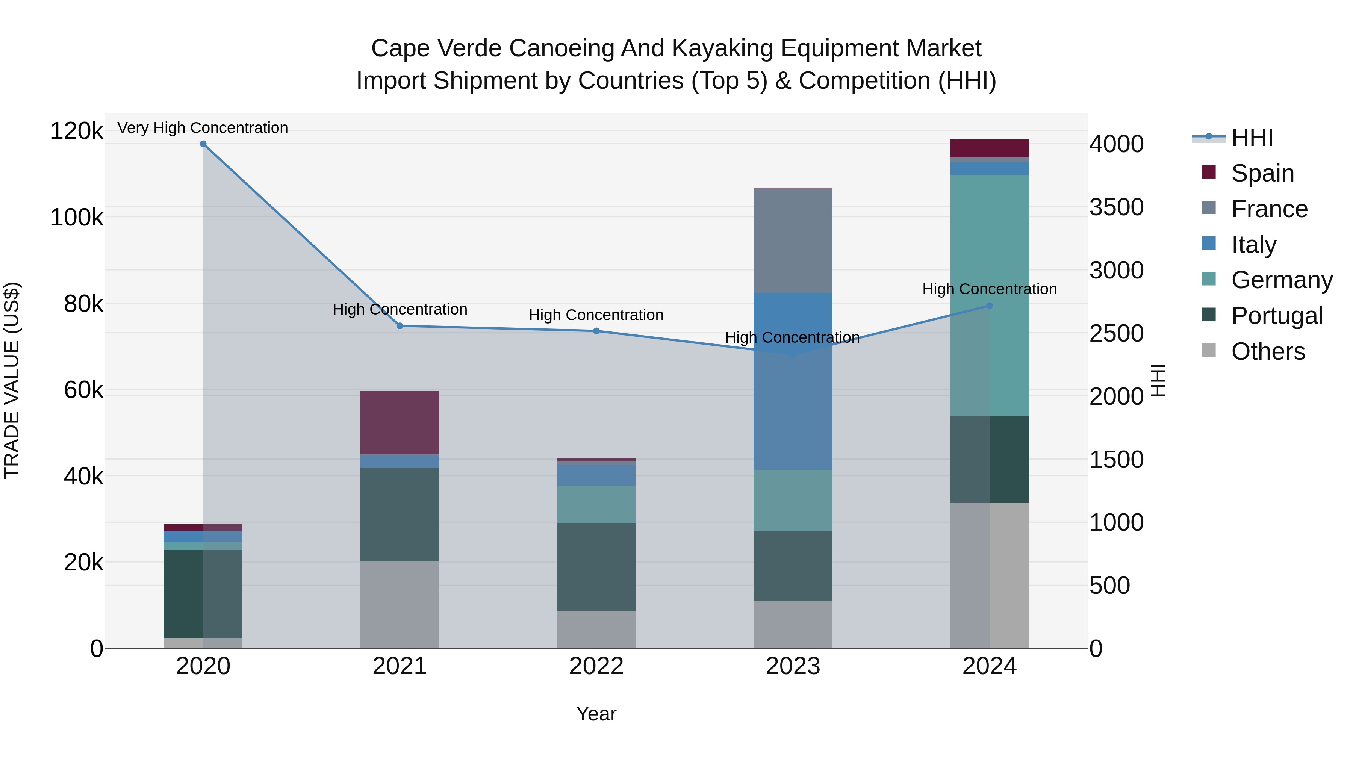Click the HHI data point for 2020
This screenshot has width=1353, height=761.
point(203,144)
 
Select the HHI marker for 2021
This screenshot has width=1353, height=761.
point(400,326)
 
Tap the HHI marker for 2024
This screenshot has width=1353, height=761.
point(990,306)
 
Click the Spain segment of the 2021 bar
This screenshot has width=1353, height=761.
point(400,423)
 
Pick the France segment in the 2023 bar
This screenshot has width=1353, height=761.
point(793,241)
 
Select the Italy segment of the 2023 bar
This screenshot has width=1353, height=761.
point(793,381)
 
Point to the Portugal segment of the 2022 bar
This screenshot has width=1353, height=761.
point(596,567)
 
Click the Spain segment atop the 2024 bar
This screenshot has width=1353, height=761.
point(990,148)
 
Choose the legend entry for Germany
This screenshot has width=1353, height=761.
point(1282,280)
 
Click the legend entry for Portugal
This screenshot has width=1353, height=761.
point(1276,316)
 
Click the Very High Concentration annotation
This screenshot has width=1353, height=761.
point(203,128)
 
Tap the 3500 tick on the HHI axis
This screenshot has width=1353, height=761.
point(1116,207)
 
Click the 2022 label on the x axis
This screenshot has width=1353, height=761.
point(596,666)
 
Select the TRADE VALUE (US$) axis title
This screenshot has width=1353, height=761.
point(12,380)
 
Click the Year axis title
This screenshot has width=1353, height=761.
point(596,714)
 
